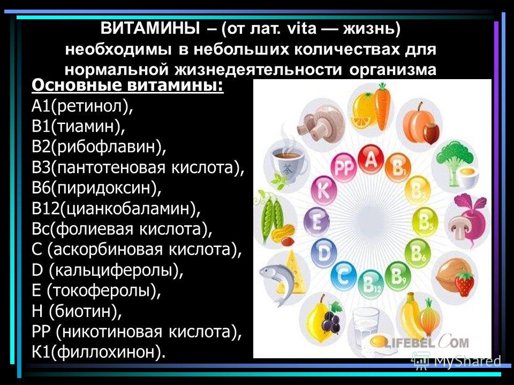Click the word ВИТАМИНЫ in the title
coord(150,28)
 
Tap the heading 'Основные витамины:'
coord(127,86)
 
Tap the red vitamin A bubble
coord(371,160)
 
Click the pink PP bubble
coord(344,167)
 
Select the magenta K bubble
coord(324,190)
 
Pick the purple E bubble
coord(316,222)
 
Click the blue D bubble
coord(324,253)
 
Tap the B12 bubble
coord(371,284)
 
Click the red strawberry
coord(465,283)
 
